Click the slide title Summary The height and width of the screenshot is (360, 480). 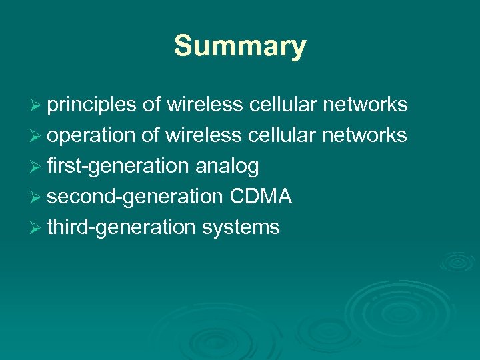[240, 47]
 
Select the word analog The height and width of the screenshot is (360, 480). [227, 166]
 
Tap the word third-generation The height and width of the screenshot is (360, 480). [121, 227]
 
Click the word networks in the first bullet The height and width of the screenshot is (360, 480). [365, 105]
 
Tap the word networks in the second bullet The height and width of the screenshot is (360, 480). [365, 135]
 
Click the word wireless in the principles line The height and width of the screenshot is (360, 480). [204, 105]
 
